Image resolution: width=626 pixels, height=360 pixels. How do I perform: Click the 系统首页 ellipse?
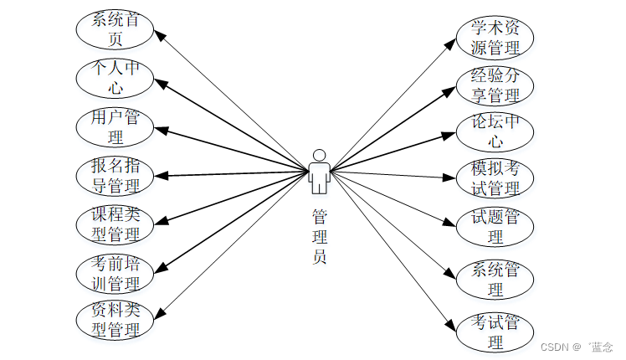point(115,28)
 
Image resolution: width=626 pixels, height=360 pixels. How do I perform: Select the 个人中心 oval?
point(115,76)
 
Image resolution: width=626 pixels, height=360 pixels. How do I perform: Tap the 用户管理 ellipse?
point(115,126)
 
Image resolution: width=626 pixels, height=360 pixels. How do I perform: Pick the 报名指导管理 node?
point(115,174)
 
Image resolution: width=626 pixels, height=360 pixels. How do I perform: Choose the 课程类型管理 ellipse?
point(115,223)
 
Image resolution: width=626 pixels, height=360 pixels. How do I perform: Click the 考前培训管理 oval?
point(115,272)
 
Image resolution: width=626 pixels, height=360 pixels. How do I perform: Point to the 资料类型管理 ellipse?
point(115,319)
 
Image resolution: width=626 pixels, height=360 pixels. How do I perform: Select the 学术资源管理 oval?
point(495,38)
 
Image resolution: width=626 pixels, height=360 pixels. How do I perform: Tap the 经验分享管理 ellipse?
point(495,85)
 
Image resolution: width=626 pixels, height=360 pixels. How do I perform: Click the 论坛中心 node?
point(495,131)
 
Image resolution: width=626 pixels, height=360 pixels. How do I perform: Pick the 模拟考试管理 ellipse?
point(495,178)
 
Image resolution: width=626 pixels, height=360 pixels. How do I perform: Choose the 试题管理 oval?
point(495,227)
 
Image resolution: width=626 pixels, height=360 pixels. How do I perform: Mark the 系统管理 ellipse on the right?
point(495,280)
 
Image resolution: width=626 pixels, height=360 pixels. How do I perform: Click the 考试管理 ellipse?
point(495,332)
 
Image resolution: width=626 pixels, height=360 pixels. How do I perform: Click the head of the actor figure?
point(319,155)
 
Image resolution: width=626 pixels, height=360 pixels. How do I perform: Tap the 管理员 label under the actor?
point(319,237)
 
